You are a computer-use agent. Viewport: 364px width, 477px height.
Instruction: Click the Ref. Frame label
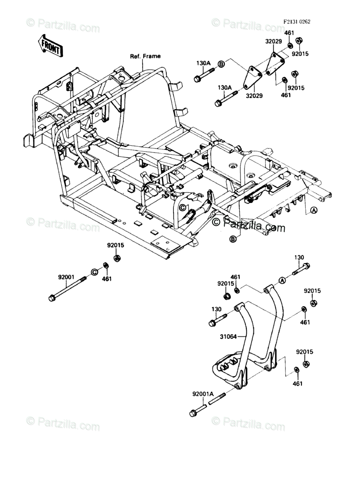point(145,56)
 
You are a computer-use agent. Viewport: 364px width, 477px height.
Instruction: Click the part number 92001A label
point(203,394)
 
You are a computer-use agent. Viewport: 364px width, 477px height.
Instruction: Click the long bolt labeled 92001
point(67,289)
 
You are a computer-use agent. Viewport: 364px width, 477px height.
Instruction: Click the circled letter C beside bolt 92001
point(94,272)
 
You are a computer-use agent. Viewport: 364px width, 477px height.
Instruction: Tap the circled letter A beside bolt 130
point(282,280)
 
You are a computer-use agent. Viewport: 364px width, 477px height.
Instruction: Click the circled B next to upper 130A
point(221,64)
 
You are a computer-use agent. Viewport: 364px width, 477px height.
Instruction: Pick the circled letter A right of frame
point(314,210)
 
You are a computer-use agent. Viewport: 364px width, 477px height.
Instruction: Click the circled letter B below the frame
point(233,239)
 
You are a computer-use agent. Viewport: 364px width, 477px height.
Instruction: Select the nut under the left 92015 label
point(117,258)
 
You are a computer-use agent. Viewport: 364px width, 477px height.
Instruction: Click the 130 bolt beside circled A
point(300,269)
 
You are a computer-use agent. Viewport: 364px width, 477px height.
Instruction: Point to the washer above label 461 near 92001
point(106,266)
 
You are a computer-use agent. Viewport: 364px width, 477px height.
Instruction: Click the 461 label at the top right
point(289,33)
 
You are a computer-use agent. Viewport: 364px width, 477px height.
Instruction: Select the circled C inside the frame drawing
point(183,207)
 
